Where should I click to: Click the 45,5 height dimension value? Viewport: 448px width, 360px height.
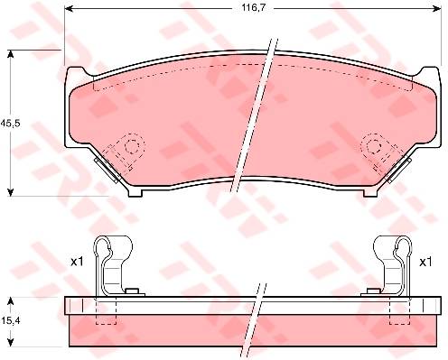(10, 123)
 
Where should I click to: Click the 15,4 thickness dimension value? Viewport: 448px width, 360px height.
(10, 321)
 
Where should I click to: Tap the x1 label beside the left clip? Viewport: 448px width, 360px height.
(77, 262)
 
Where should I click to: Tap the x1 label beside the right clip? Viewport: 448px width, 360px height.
(425, 262)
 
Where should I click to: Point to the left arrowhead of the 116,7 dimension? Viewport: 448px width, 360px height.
(70, 9)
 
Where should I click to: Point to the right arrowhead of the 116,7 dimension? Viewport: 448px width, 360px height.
(437, 9)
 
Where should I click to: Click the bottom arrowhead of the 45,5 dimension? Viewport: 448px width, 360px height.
(11, 191)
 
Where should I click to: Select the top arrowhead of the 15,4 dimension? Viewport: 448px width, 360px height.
(11, 301)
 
